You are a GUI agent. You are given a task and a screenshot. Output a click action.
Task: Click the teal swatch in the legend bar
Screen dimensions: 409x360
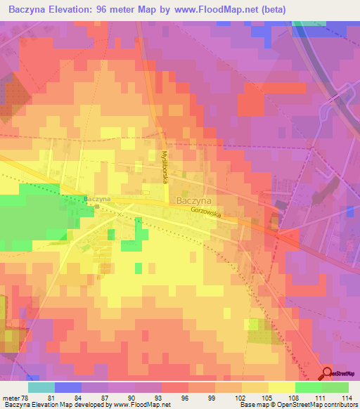[x=41, y=387]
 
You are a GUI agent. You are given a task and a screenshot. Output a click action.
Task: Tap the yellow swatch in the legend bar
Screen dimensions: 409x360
[x=281, y=387]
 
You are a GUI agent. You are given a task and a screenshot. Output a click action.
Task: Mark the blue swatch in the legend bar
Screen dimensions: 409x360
[x=68, y=387]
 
